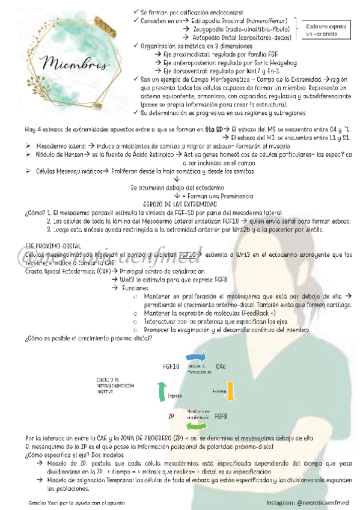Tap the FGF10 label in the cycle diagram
[x=172, y=366]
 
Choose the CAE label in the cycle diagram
[x=221, y=366]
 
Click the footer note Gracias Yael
[x=67, y=501]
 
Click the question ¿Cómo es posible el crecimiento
[x=88, y=337]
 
